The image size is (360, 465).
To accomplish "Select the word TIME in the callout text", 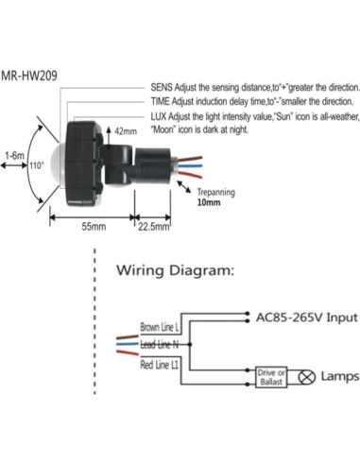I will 161,100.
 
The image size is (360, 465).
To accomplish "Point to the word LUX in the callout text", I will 160,114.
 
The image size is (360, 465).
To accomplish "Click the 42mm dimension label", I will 125,131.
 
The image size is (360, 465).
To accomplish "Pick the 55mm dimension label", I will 91,228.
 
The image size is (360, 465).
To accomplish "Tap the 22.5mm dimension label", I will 154,228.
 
